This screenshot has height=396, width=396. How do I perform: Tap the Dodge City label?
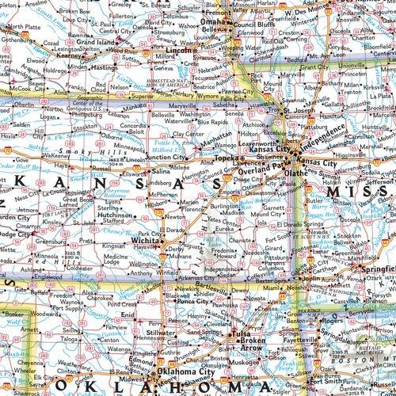point(20,234)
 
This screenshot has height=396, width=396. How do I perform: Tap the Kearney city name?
point(71,57)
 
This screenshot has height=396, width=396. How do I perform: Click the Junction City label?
point(166,157)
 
